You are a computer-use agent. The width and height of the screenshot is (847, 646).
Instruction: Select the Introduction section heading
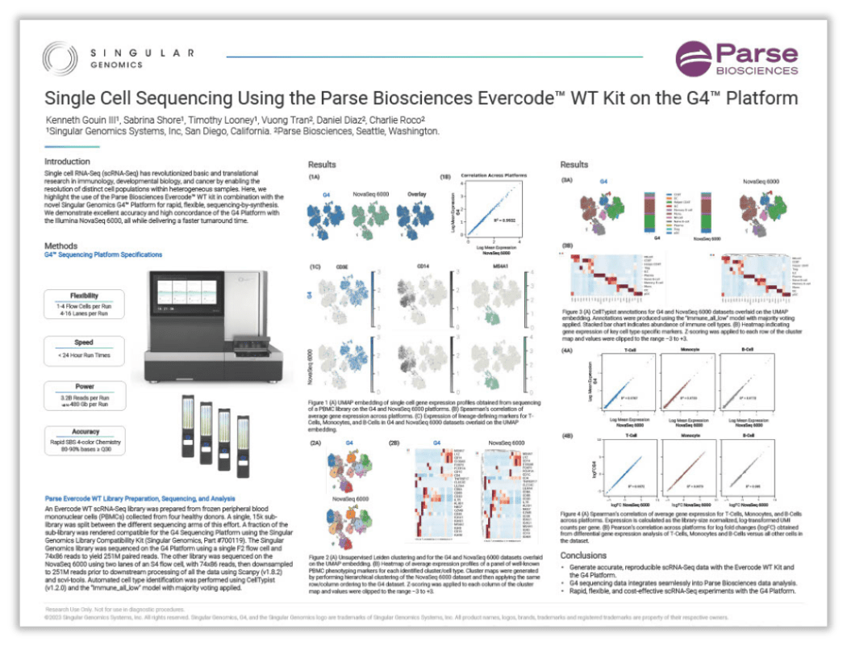pyautogui.click(x=67, y=161)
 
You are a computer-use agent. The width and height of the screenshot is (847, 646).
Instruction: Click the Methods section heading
pyautogui.click(x=61, y=244)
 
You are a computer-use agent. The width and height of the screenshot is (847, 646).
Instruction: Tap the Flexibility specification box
pyautogui.click(x=84, y=301)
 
